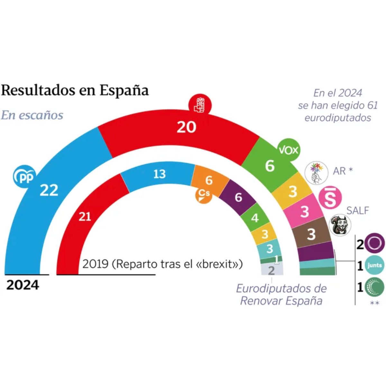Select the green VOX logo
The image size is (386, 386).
coord(289,150)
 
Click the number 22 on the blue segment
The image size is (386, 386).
coord(49,190)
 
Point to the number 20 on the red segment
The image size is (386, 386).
coord(186,127)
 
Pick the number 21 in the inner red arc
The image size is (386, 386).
coord(85,217)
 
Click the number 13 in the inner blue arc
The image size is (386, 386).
coord(159,174)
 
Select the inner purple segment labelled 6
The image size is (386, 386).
coord(238,197)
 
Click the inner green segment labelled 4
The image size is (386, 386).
coord(255,218)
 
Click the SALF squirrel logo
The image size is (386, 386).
coord(341,225)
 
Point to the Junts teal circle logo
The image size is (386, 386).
coord(374,265)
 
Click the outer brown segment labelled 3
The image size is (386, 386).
coord(311,234)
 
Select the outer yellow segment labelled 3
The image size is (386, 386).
coord(292,192)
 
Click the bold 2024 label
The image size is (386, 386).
coord(23,285)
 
